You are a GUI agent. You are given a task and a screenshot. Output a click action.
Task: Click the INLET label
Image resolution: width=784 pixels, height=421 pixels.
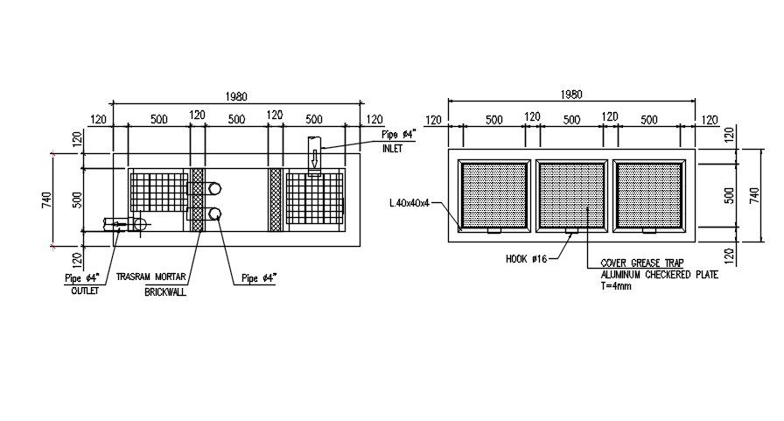tap(392, 149)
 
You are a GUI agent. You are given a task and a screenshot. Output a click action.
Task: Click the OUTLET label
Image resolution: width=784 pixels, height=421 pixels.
tap(85, 291)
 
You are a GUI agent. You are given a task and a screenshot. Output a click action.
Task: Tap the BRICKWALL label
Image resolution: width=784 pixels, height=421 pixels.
tap(165, 291)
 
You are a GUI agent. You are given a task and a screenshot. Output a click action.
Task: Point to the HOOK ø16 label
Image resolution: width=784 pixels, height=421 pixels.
tap(525, 259)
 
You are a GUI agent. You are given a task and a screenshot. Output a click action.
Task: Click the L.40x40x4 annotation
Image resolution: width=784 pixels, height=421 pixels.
tap(409, 203)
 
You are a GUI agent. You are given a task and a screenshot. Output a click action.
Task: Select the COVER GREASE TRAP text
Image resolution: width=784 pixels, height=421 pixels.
tap(641, 263)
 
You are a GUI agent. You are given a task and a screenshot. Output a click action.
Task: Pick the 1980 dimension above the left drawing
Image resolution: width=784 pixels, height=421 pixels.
tap(236, 96)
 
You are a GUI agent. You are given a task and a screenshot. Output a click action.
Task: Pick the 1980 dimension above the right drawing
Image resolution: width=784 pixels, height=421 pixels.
tap(570, 95)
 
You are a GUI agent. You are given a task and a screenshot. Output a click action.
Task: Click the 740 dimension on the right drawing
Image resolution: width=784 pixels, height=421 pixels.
tap(755, 195)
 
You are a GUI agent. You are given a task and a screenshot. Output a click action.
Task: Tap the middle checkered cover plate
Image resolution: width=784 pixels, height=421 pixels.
tap(571, 195)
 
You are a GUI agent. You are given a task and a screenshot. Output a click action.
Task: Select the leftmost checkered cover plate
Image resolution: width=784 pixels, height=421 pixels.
tap(494, 195)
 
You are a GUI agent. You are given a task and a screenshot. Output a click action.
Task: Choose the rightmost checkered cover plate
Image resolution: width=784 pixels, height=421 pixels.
tap(648, 195)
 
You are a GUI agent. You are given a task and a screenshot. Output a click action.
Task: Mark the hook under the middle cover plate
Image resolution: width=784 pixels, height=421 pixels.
tap(571, 231)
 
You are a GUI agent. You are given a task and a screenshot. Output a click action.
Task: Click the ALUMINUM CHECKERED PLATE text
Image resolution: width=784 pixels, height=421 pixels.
tap(659, 274)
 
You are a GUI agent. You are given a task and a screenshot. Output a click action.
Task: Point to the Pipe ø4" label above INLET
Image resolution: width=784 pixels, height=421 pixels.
tap(399, 135)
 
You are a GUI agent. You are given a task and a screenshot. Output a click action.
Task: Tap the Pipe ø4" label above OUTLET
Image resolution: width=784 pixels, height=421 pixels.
tap(83, 278)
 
